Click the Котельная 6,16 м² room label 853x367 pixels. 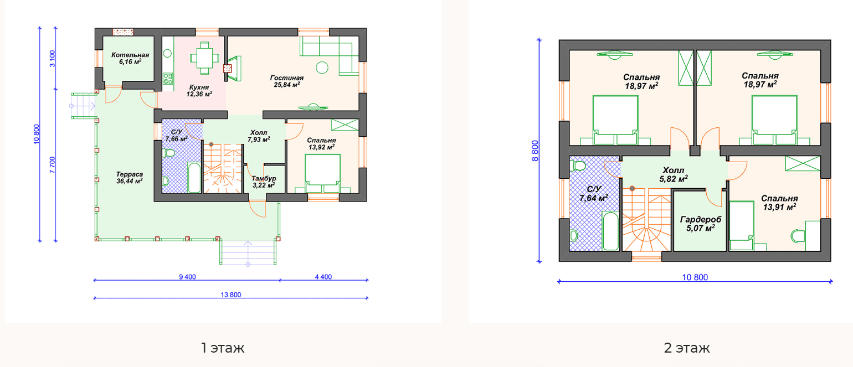coord(130,58)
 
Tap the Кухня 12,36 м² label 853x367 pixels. coord(199,91)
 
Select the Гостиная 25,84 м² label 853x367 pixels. coord(287,81)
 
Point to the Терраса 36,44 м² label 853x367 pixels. coord(130,178)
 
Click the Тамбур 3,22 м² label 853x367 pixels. coord(264,182)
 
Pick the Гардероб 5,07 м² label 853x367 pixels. coord(701,224)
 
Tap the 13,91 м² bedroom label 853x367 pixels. coord(779,203)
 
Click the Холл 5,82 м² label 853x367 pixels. coord(674,174)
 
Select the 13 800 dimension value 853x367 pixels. coord(231,294)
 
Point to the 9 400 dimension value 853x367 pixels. coord(187,277)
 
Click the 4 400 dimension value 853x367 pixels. coord(323,277)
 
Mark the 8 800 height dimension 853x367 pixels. coord(535,151)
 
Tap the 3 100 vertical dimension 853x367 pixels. coord(53,59)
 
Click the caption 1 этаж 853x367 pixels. coord(223,348)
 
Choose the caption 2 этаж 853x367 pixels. coord(687,348)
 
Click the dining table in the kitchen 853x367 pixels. coord(204,58)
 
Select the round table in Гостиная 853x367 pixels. coord(322,68)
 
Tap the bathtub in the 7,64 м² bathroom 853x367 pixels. coord(611,231)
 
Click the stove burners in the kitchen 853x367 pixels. coord(168,79)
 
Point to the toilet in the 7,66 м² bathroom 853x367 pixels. coord(168,153)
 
